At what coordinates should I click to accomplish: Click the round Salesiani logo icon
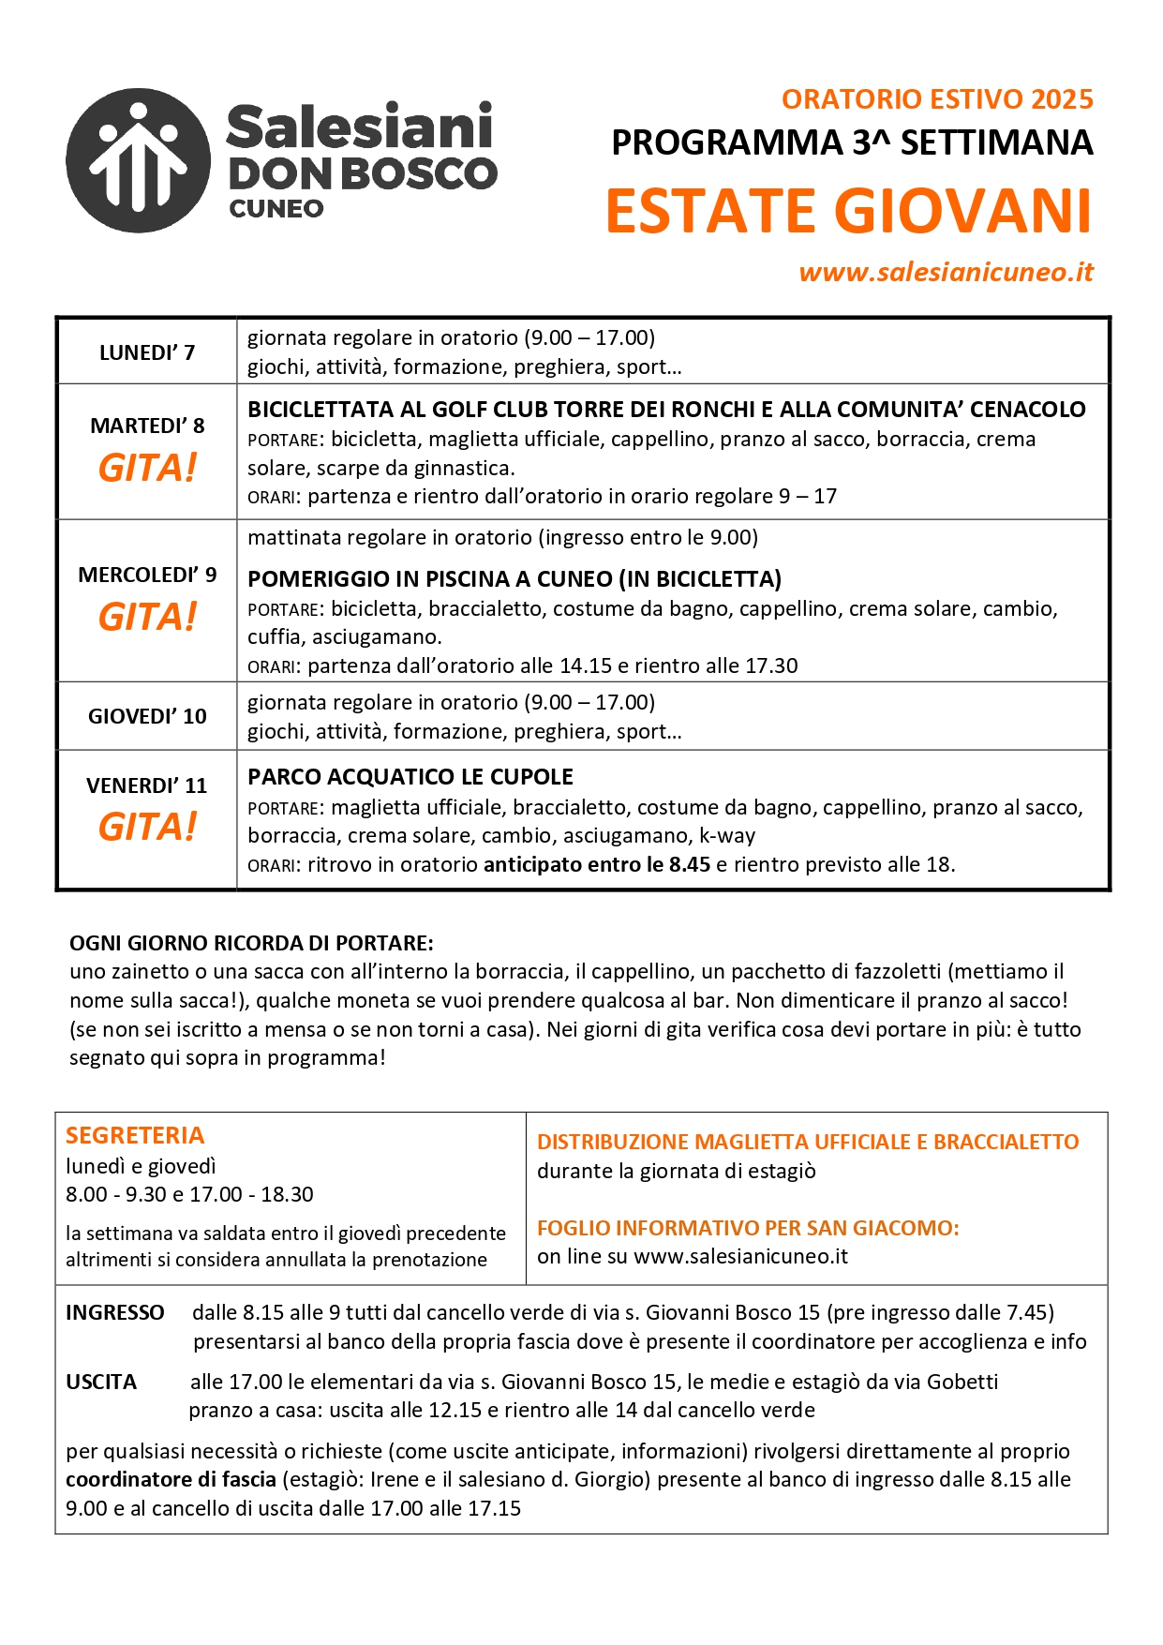139,161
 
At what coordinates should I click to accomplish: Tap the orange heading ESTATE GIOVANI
849,211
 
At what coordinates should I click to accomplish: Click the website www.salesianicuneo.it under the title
946,272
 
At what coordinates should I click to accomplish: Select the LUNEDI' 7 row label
147,352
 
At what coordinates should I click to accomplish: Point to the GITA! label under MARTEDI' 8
147,469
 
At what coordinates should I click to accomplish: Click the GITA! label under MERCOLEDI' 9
147,617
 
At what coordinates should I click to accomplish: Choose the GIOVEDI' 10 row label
147,716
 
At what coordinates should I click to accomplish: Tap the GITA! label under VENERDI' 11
147,827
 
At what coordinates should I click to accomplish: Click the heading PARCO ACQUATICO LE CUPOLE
410,777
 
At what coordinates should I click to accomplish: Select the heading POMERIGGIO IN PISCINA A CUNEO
514,579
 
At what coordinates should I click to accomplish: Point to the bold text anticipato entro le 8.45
597,864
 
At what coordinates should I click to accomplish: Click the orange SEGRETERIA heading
135,1135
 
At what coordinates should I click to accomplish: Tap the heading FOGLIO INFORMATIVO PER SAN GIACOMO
748,1228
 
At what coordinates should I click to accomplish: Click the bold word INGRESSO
115,1312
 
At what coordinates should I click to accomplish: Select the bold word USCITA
101,1382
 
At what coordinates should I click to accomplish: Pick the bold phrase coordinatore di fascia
171,1479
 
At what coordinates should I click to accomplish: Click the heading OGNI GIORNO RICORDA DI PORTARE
251,943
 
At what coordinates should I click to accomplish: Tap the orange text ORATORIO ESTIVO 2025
937,99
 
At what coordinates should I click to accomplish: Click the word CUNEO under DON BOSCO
276,208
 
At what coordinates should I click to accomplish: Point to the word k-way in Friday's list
727,835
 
